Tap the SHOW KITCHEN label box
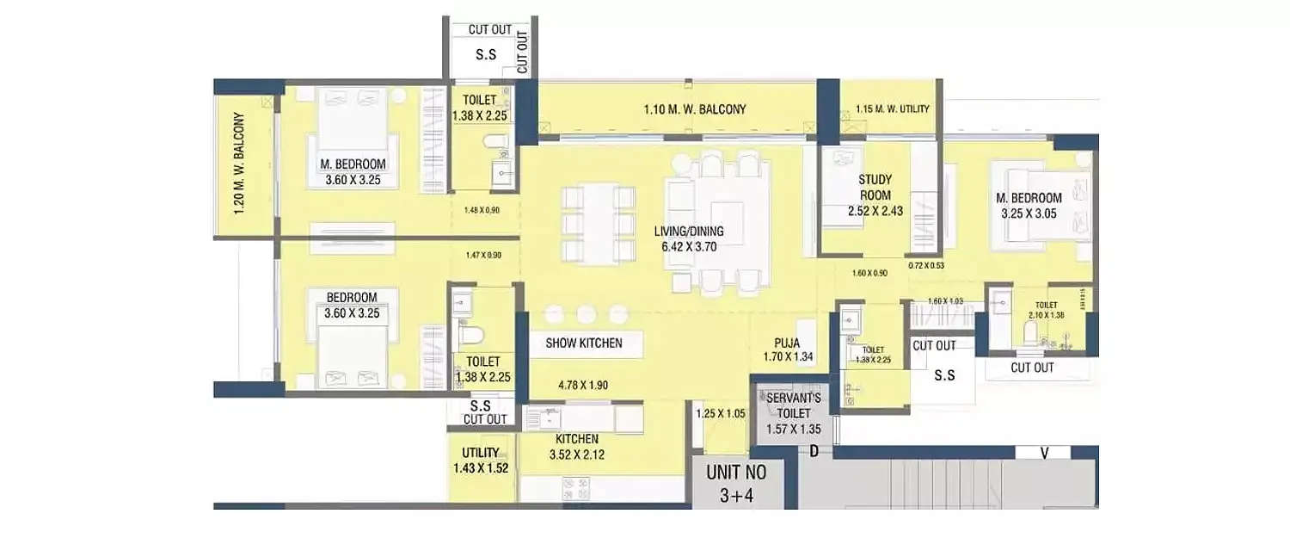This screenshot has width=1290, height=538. click(x=584, y=343)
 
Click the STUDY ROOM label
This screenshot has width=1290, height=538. click(x=875, y=187)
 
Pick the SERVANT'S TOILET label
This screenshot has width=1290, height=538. click(x=794, y=405)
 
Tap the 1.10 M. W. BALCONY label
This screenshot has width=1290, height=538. click(x=695, y=109)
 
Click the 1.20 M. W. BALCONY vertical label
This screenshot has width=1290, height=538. click(x=239, y=163)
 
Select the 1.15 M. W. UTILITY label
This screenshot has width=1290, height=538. click(x=892, y=109)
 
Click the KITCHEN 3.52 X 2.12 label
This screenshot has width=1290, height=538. click(x=576, y=447)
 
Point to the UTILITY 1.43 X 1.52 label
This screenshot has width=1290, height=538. click(x=480, y=461)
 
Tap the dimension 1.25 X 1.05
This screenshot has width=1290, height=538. click(x=721, y=413)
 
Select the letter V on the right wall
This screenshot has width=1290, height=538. click(x=1042, y=452)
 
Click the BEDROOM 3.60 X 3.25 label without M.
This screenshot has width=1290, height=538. click(x=352, y=306)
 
